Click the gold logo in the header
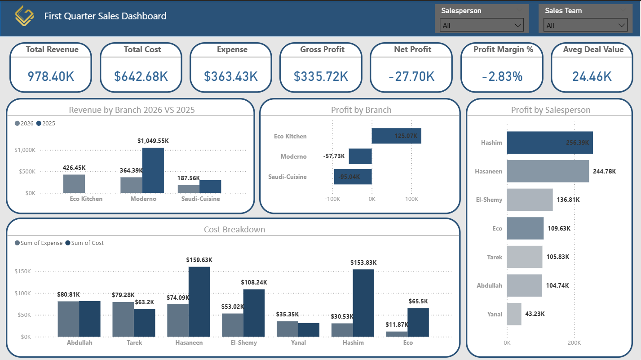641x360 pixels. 24,17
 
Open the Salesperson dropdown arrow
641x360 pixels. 517,26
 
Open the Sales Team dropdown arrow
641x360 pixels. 622,26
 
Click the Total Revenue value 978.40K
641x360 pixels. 51,76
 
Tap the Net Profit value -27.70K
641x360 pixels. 411,76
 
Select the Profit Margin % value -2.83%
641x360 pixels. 502,76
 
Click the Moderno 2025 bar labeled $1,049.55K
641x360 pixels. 153,170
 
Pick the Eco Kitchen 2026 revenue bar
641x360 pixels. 74,183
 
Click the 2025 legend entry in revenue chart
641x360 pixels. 46,123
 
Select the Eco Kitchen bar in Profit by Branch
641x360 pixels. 396,136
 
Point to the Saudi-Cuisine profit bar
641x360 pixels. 353,177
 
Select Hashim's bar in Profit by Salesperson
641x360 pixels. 550,142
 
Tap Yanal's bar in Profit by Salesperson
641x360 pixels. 514,314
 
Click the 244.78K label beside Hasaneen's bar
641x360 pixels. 604,171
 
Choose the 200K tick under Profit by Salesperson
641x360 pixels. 574,343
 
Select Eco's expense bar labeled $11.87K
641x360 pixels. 397,334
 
